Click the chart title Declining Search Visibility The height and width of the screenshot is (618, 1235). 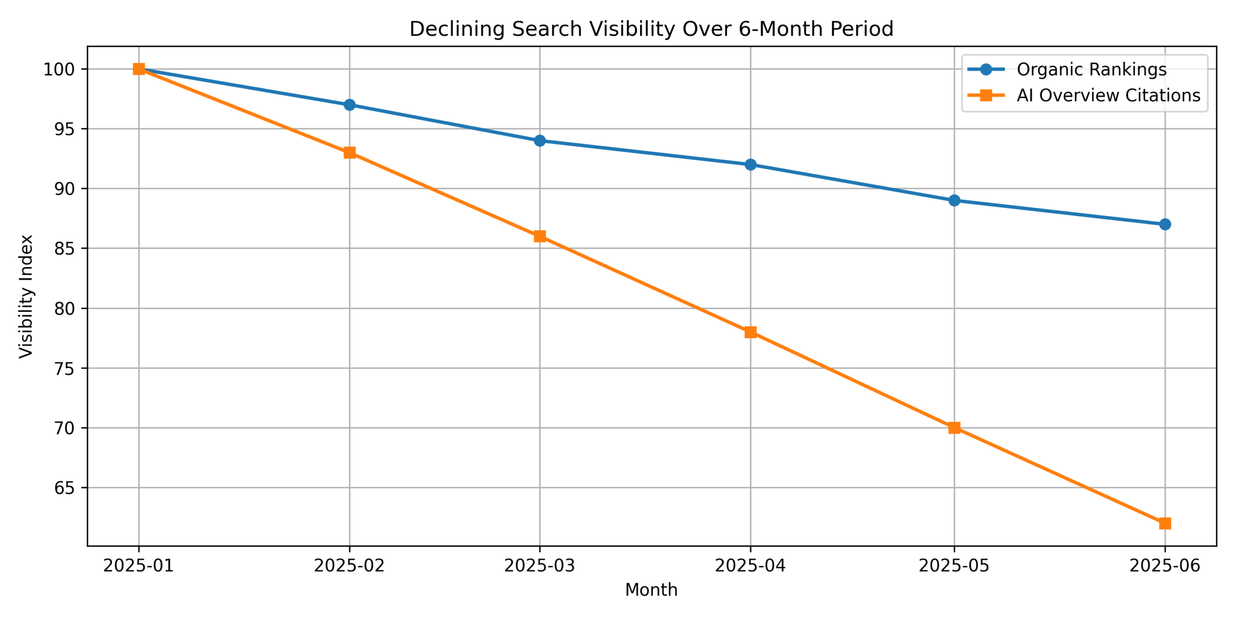tap(651, 29)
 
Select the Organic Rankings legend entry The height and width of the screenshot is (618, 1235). tap(1091, 70)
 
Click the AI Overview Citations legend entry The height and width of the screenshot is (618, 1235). tap(1108, 96)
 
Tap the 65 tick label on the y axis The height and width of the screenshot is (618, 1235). tap(64, 488)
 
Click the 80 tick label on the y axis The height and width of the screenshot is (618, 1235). tap(64, 309)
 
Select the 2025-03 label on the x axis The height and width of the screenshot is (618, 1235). tap(539, 565)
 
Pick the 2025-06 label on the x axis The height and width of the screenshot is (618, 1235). tap(1165, 565)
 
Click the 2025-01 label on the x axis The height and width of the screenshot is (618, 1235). tap(138, 565)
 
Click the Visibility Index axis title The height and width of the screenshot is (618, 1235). tap(26, 296)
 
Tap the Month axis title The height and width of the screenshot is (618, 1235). tap(651, 590)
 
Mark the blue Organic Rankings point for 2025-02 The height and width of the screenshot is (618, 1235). tap(349, 105)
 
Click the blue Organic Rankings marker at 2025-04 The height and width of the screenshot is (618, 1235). tap(750, 165)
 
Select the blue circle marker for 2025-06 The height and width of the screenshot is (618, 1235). tap(1165, 225)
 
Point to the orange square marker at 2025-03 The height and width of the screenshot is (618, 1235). tap(539, 236)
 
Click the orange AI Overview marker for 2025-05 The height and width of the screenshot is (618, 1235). tap(954, 428)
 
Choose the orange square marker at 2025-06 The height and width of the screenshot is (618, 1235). tap(1165, 523)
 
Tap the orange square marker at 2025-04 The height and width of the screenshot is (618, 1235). tap(750, 332)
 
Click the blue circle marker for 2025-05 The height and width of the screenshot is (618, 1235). tap(954, 200)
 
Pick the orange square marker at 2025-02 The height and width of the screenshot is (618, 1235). tap(349, 153)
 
